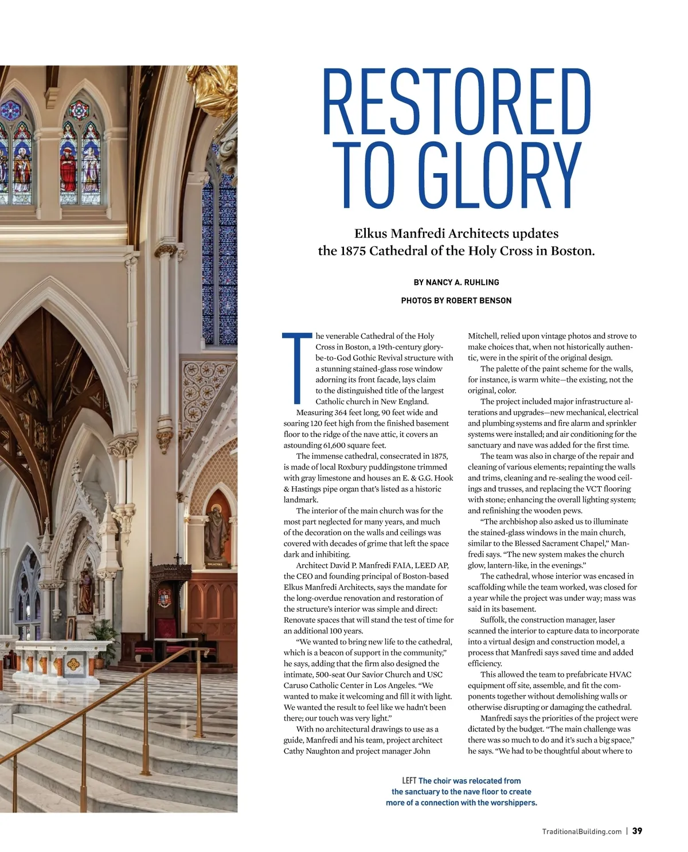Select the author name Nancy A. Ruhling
point(462,282)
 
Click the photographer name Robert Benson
point(479,300)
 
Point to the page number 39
point(637,831)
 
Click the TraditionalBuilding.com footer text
point(581,831)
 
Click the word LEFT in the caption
point(409,780)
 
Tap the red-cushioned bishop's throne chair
point(169,631)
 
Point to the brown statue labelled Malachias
point(216,533)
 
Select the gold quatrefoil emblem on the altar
point(73,665)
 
